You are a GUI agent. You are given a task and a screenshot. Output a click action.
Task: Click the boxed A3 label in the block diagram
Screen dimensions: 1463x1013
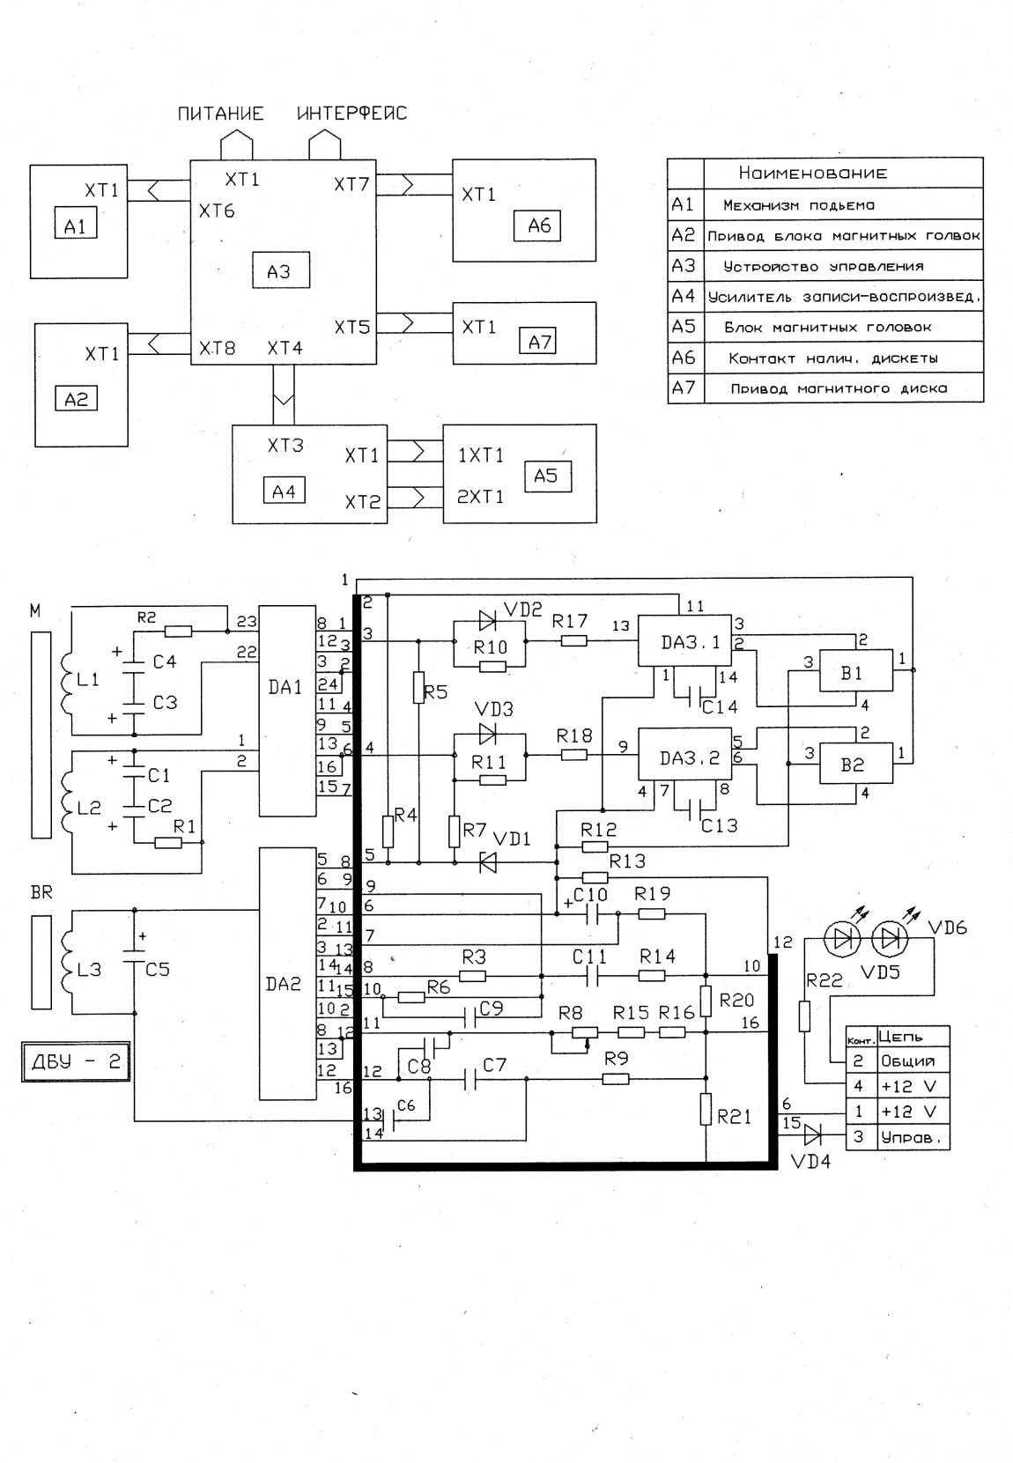pyautogui.click(x=278, y=270)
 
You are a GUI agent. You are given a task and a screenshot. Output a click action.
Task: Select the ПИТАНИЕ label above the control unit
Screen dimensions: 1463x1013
pyautogui.click(x=221, y=114)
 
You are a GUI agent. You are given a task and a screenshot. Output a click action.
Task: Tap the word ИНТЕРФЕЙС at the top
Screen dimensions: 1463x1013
pyautogui.click(x=352, y=114)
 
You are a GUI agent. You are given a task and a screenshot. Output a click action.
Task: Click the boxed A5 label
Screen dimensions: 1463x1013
pyautogui.click(x=546, y=476)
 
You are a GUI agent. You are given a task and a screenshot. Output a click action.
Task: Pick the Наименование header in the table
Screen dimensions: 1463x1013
pyautogui.click(x=812, y=174)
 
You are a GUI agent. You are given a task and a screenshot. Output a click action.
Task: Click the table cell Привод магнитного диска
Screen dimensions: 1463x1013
pyautogui.click(x=839, y=388)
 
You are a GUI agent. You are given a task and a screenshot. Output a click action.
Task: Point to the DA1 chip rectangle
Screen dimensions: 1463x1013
pyautogui.click(x=287, y=711)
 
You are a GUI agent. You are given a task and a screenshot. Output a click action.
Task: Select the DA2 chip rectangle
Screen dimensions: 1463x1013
pyautogui.click(x=287, y=973)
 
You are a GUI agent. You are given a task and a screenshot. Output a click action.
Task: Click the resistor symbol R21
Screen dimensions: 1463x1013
pyautogui.click(x=706, y=1108)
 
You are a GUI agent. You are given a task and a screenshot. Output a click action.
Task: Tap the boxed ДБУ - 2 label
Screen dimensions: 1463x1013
pyautogui.click(x=76, y=1061)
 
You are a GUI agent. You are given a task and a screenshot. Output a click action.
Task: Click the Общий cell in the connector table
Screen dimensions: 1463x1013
pyautogui.click(x=907, y=1061)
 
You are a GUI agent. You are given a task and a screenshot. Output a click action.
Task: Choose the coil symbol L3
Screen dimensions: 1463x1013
pyautogui.click(x=64, y=970)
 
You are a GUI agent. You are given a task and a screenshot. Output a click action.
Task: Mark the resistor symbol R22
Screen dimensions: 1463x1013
pyautogui.click(x=804, y=1016)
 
